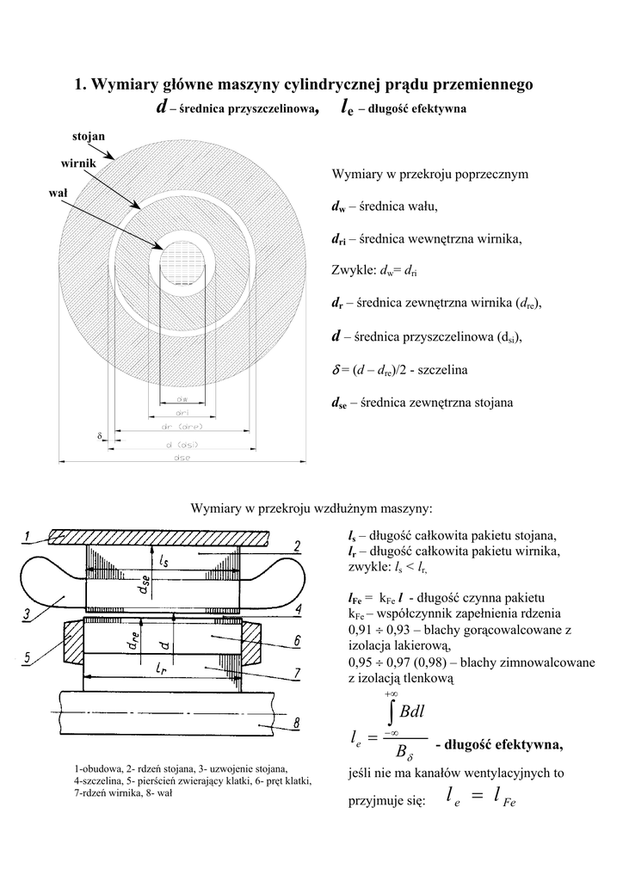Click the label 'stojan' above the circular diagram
tap(89, 136)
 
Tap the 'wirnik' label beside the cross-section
tap(77, 163)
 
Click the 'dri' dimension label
tap(182, 413)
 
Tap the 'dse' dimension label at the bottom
tap(182, 458)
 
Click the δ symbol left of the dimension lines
tap(99, 437)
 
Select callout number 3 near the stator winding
tap(28, 614)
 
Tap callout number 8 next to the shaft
tap(296, 724)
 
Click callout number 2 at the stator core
tap(296, 546)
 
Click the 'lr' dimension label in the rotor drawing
tap(161, 667)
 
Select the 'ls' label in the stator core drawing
tap(163, 559)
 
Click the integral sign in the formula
tap(392, 712)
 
